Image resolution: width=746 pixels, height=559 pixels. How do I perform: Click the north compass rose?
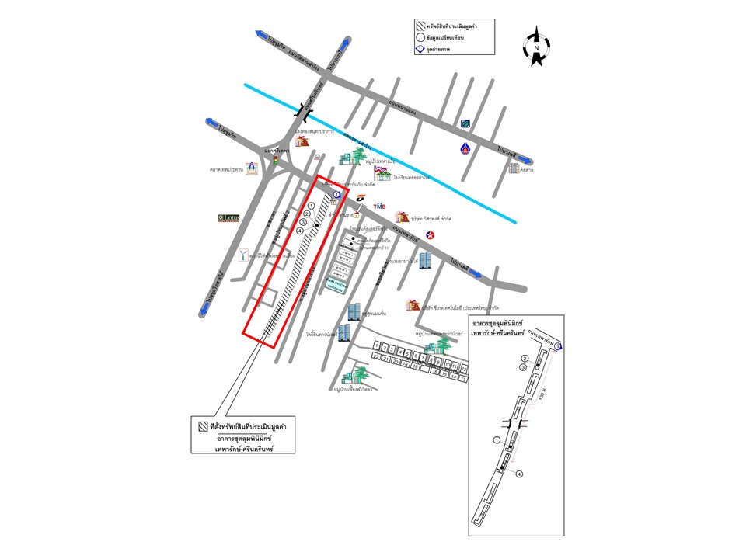pyautogui.click(x=535, y=47)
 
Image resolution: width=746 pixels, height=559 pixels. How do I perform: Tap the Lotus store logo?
pyautogui.click(x=228, y=218)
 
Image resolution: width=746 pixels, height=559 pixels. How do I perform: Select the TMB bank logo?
pyautogui.click(x=379, y=206)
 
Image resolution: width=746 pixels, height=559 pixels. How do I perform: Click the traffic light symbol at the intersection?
pyautogui.click(x=274, y=160)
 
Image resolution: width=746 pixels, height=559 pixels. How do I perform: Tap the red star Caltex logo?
pyautogui.click(x=430, y=234)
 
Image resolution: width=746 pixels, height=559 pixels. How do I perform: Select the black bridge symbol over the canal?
pyautogui.click(x=302, y=113)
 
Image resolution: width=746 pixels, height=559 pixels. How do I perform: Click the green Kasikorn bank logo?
pyautogui.click(x=465, y=123)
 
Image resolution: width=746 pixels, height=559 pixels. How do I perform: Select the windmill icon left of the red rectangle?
pyautogui.click(x=246, y=255)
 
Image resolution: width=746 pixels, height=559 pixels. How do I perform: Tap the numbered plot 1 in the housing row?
pyautogui.click(x=378, y=345)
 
